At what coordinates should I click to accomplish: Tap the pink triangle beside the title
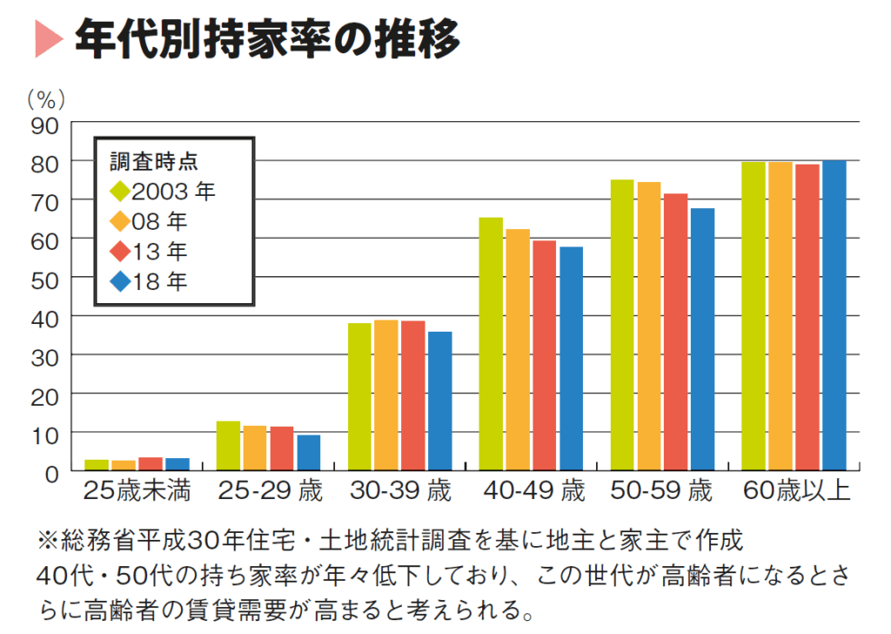coord(48,39)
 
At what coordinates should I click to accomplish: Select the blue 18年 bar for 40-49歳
coord(571,359)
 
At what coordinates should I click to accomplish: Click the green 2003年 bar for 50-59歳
coord(622,325)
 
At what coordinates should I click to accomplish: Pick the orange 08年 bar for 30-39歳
coord(386,395)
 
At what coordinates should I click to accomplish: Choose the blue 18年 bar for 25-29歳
coord(308,453)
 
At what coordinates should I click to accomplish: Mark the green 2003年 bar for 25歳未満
coord(97,464)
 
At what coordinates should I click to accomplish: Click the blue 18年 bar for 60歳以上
coord(834,315)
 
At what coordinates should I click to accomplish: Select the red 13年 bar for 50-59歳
coord(675,332)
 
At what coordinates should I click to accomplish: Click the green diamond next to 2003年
coord(120,189)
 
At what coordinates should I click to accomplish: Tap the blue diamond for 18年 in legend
coord(120,281)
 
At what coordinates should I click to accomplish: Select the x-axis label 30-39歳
coord(400,491)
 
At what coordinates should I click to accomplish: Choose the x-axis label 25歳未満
coord(137,491)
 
